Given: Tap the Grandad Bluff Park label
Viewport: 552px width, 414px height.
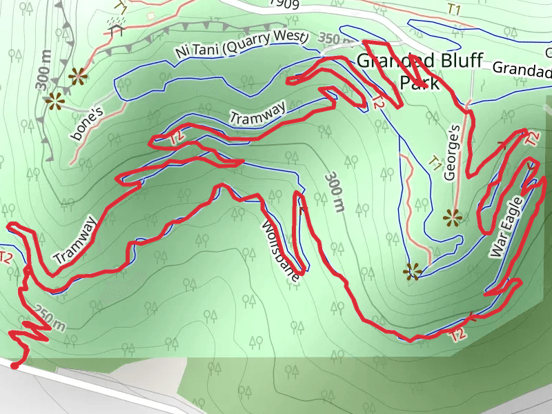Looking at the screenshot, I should (x=419, y=71).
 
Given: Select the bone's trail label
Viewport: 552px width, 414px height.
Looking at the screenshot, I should (x=87, y=122).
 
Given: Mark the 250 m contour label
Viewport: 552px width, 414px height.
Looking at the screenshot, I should (x=50, y=318).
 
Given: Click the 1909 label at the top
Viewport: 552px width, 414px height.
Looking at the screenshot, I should (x=284, y=3).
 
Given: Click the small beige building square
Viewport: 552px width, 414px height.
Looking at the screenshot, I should (x=151, y=15).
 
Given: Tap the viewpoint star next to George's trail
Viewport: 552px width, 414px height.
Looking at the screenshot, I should (x=453, y=219).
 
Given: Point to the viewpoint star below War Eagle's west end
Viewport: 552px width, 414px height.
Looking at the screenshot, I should (x=413, y=271).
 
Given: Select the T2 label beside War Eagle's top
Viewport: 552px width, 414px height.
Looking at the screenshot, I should (x=533, y=138).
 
